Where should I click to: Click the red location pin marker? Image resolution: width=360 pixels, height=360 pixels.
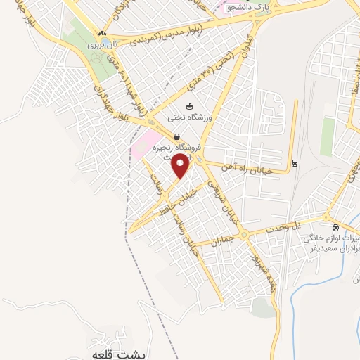coord(181,166)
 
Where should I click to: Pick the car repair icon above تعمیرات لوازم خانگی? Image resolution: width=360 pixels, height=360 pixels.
coord(336,227)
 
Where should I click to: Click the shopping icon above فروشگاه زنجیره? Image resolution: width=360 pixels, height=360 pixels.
coord(176,137)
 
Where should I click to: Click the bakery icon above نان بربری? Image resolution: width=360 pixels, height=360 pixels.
coord(103,33)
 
